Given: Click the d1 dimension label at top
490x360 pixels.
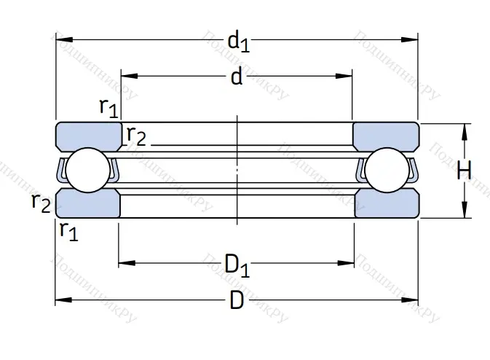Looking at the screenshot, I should pos(238,42).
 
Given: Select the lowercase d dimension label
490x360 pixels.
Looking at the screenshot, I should pos(236,77).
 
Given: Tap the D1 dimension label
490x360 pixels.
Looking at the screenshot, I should pos(237,265).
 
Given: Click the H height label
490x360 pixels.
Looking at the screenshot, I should pos(464,171).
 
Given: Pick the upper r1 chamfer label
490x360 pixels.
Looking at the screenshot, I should pos(108,108).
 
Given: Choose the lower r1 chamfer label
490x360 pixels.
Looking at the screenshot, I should pos(69,231).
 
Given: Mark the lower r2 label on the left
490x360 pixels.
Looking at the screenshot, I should pos(41,203).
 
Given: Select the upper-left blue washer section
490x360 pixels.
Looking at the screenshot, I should pos(88,136).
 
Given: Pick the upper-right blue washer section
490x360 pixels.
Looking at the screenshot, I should pos(385,136).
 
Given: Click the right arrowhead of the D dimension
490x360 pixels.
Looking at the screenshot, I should pos(413,300).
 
